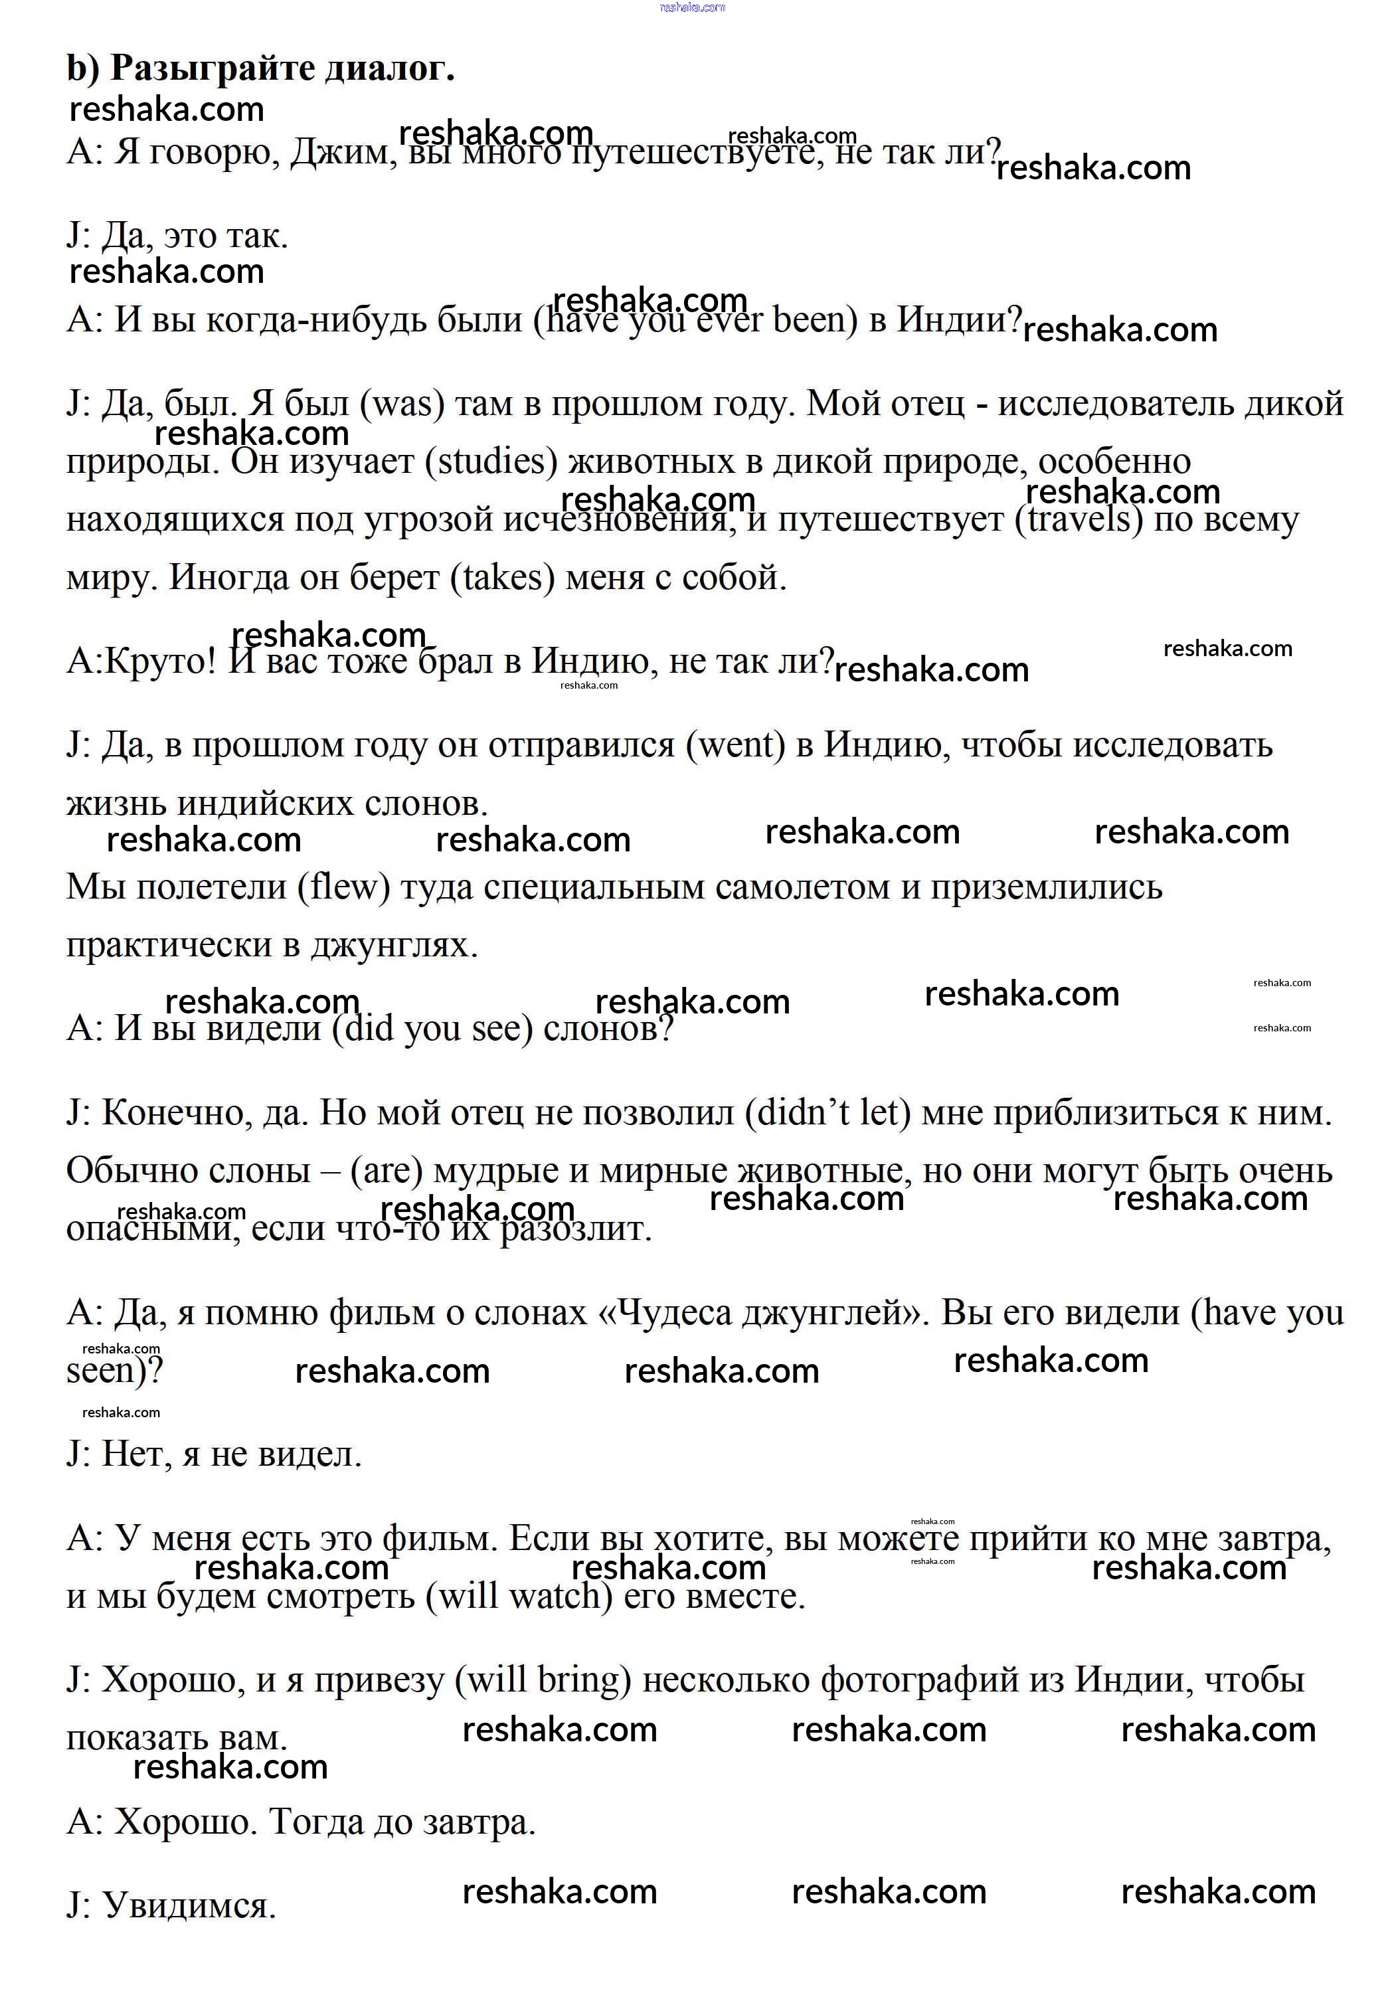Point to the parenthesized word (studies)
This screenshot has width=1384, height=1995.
[x=491, y=462]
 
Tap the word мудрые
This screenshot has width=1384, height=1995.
[x=495, y=1171]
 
